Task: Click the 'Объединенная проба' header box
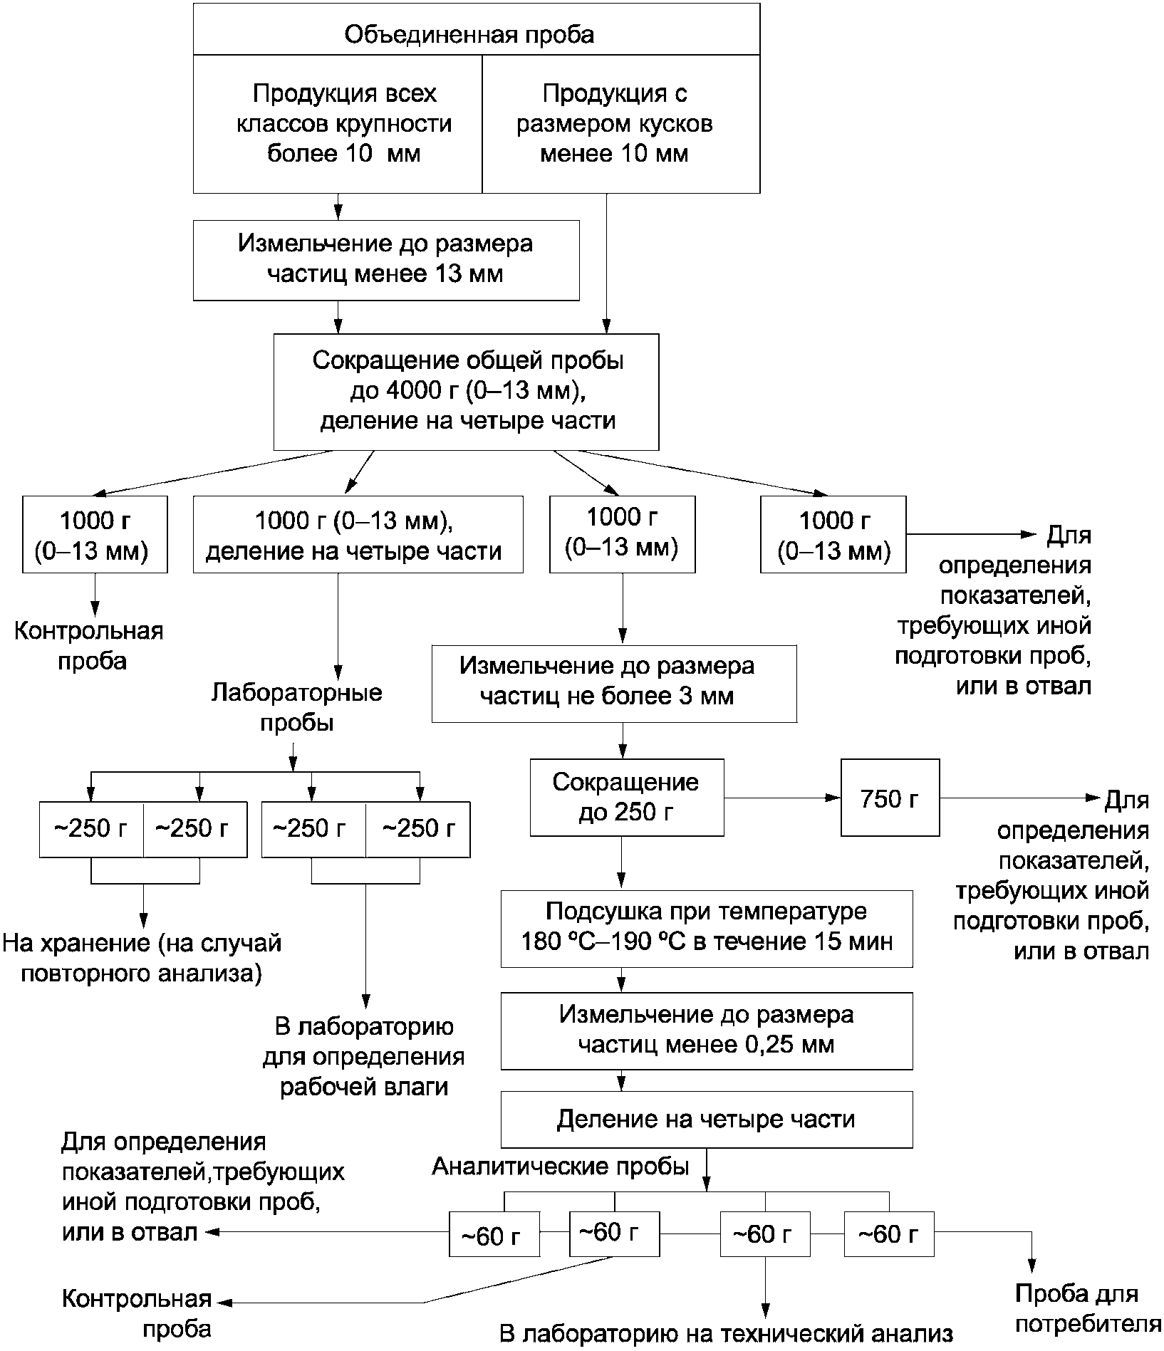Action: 476,28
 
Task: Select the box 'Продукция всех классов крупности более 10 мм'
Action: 338,123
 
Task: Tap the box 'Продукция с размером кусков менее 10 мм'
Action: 621,123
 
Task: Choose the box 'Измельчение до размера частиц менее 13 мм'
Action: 385,260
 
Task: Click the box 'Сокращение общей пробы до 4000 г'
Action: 467,392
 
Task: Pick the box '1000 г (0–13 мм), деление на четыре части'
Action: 358,534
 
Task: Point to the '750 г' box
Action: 890,797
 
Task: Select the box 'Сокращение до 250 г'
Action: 627,797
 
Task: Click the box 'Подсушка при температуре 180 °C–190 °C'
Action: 707,928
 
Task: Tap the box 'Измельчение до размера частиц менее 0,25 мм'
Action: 707,1031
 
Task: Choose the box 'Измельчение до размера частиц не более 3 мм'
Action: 614,684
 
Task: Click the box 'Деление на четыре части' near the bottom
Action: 707,1120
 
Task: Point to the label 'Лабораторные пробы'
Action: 297,708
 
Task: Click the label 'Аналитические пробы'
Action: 561,1166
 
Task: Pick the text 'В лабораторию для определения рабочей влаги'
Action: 364,1057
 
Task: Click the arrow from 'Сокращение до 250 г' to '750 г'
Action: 782,798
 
